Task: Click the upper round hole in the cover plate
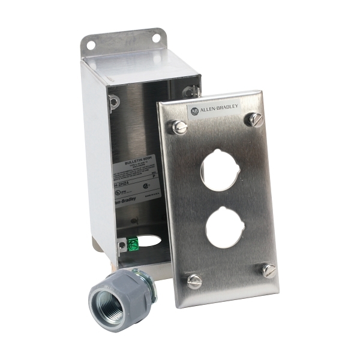[x=218, y=170]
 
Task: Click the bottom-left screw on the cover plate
[x=194, y=281]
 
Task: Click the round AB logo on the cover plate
[x=194, y=111]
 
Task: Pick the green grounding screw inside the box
[x=133, y=243]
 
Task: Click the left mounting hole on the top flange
[x=91, y=44]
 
